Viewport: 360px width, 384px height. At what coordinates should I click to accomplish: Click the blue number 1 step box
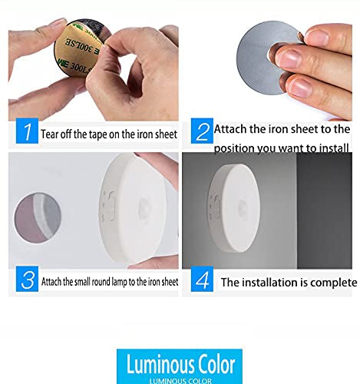click(x=27, y=131)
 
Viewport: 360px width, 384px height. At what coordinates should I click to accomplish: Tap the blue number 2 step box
click(x=202, y=131)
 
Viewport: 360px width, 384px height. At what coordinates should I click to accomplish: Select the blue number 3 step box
click(x=27, y=279)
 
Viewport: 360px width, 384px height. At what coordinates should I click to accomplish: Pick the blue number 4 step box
click(x=202, y=279)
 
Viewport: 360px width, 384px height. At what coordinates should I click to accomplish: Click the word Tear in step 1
click(x=50, y=134)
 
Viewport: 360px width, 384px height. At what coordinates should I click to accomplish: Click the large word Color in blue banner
click(x=213, y=364)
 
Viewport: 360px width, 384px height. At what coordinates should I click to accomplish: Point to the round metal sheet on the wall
click(x=38, y=217)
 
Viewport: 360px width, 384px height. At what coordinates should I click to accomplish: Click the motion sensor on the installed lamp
click(x=243, y=207)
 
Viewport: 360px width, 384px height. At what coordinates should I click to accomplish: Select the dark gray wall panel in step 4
click(x=324, y=210)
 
